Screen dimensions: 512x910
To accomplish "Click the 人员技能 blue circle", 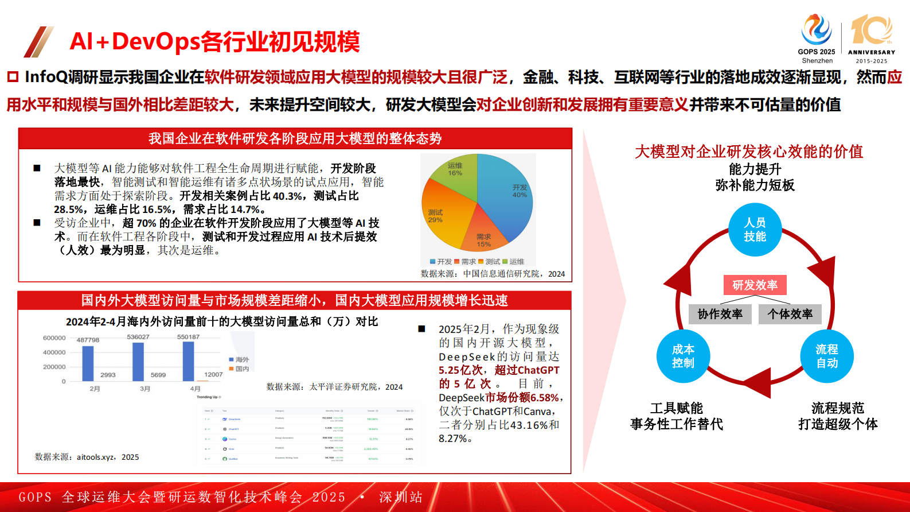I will (755, 230).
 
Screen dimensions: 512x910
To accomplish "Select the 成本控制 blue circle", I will (683, 356).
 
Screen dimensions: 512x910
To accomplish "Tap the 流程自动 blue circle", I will (827, 356).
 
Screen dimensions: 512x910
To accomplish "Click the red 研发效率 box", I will (755, 285).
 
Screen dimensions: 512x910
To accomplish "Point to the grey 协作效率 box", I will (720, 314).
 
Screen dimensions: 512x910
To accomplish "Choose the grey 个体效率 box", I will (790, 314).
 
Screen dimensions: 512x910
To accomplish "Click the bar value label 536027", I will (138, 337).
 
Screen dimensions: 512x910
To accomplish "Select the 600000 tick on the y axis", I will (54, 338).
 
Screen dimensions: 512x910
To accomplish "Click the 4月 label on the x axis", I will (196, 389).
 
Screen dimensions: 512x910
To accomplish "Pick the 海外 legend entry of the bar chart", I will (239, 359).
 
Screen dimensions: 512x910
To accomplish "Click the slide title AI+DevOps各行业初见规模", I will (214, 41).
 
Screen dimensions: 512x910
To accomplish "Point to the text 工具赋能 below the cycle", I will (677, 408).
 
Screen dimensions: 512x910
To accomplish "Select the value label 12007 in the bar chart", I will (213, 374).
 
